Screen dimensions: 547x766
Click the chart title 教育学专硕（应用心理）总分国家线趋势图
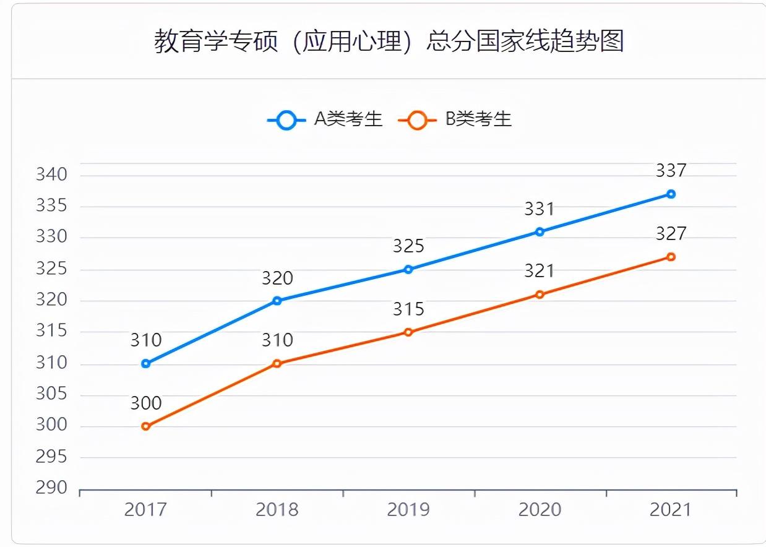389,41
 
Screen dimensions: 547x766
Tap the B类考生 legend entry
455,119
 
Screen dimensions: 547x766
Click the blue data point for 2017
146,364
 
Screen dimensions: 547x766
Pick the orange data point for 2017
146,426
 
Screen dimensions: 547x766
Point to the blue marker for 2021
671,194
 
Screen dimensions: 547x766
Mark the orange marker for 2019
408,332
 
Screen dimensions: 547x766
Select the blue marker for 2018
277,301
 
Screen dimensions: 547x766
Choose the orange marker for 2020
540,295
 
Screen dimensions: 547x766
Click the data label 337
671,170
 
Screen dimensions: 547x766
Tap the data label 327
671,233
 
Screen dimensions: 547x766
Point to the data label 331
540,209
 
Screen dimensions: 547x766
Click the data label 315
408,309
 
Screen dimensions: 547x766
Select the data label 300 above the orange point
146,403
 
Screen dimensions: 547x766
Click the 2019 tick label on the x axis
408,509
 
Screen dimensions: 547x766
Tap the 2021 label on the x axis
671,509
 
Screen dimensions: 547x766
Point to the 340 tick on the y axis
51,174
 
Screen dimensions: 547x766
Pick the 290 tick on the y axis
51,488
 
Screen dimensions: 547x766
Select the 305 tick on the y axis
51,394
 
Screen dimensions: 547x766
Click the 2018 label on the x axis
277,509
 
